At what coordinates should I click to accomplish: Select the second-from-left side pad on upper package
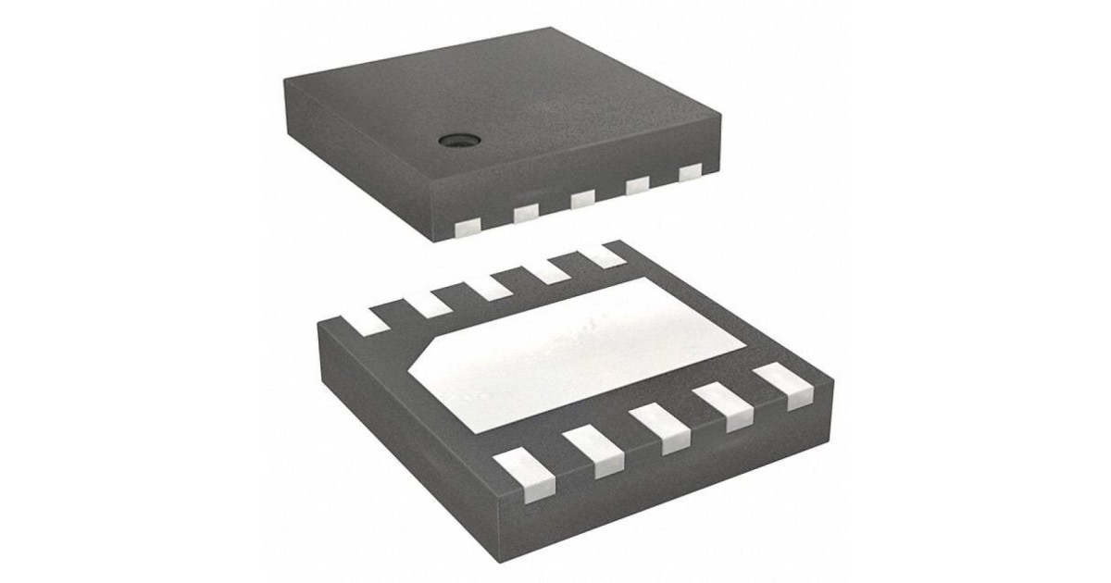[x=525, y=214]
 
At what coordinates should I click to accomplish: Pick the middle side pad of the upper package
[x=581, y=199]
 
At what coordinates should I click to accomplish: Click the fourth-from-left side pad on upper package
[x=637, y=186]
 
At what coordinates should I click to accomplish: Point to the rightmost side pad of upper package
[x=690, y=173]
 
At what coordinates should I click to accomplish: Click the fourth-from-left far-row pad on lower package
[x=548, y=266]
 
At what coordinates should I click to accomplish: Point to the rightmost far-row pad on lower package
[x=604, y=252]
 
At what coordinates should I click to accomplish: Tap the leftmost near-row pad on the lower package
[x=525, y=473]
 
